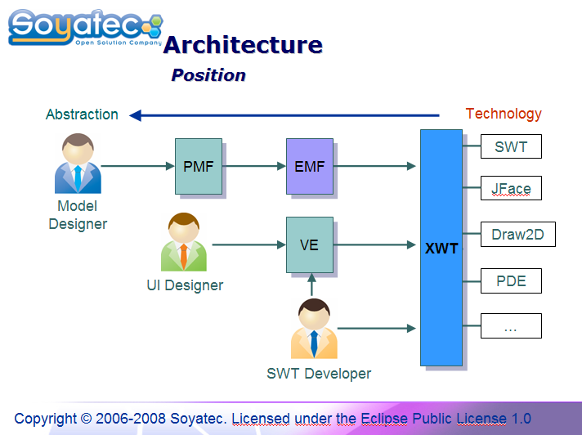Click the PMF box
point(199,166)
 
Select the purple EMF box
point(310,166)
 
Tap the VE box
point(310,245)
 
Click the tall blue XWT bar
point(441,248)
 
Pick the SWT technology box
point(511,146)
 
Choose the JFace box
point(511,188)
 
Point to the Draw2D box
point(518,234)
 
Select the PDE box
point(511,280)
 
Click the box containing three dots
point(511,326)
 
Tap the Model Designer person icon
point(78,164)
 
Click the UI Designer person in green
point(184,242)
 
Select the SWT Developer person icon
point(314,329)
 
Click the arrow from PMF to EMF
point(254,166)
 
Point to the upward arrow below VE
point(311,285)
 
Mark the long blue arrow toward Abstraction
point(284,115)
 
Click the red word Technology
point(504,114)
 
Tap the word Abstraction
point(82,114)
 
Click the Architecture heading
point(243,45)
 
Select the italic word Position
point(208,75)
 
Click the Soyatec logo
point(85,28)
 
